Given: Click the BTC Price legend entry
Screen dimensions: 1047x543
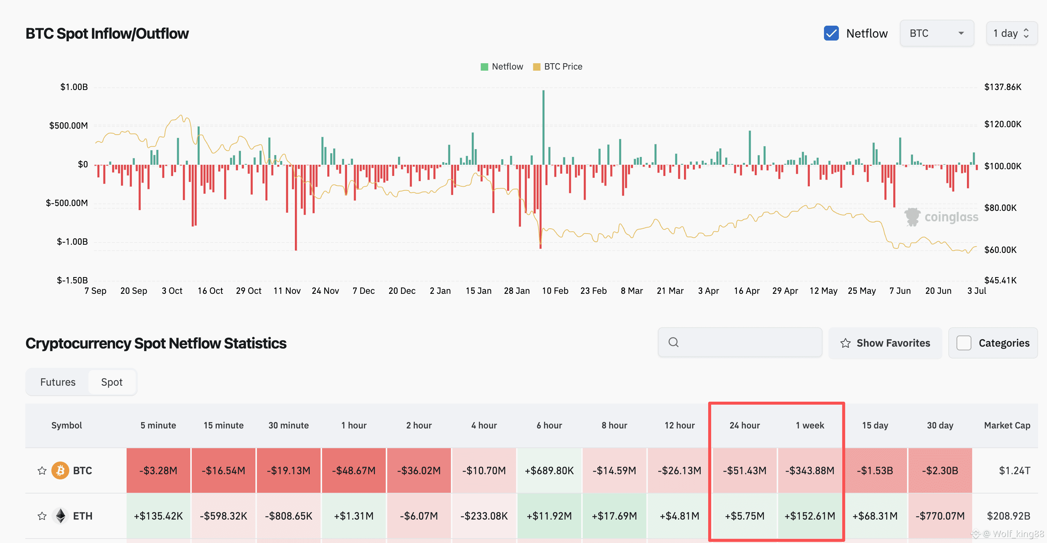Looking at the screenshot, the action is [x=558, y=67].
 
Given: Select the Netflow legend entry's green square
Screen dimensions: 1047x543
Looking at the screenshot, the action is [x=484, y=67].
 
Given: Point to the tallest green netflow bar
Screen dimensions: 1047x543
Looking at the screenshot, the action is [x=543, y=127].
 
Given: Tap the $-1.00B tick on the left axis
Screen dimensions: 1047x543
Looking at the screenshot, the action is [x=72, y=242].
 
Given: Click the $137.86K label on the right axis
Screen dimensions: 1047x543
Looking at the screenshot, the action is [x=1003, y=87].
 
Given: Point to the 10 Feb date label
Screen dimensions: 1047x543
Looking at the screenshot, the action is [x=555, y=291].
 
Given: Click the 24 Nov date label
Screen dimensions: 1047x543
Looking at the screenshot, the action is [x=325, y=291].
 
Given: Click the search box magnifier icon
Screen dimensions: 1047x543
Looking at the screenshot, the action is [x=674, y=343].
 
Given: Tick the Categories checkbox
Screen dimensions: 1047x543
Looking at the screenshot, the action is [x=964, y=343].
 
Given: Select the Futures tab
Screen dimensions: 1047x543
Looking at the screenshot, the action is [x=58, y=382].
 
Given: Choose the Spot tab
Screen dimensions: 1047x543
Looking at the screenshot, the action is [x=112, y=382].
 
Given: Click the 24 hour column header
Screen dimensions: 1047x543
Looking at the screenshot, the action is [x=745, y=425].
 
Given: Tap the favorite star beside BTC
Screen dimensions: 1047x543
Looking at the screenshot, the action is [x=42, y=471].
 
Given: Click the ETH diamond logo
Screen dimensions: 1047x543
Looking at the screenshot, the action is [x=61, y=516].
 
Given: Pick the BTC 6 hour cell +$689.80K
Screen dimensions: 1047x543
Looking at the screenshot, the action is [x=549, y=471].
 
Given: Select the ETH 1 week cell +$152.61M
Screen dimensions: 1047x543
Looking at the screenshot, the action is [x=809, y=516].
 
